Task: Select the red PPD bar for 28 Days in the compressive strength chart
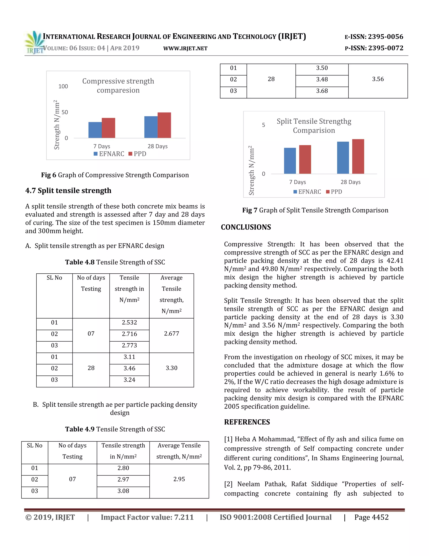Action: point(164,125)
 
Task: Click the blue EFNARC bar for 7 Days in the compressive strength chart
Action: point(95,130)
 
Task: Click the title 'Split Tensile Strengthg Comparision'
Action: point(314,126)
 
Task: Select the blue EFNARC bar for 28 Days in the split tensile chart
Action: point(343,158)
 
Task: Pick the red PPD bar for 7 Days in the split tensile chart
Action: point(305,160)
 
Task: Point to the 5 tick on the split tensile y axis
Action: point(264,125)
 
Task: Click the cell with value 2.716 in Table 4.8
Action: point(129,334)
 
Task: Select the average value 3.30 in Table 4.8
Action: point(172,368)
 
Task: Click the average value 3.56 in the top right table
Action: point(378,79)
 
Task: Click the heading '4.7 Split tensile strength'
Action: point(68,191)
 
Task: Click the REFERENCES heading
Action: point(247,422)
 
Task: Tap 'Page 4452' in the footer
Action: point(371,518)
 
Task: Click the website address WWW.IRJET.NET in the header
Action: point(185,49)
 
